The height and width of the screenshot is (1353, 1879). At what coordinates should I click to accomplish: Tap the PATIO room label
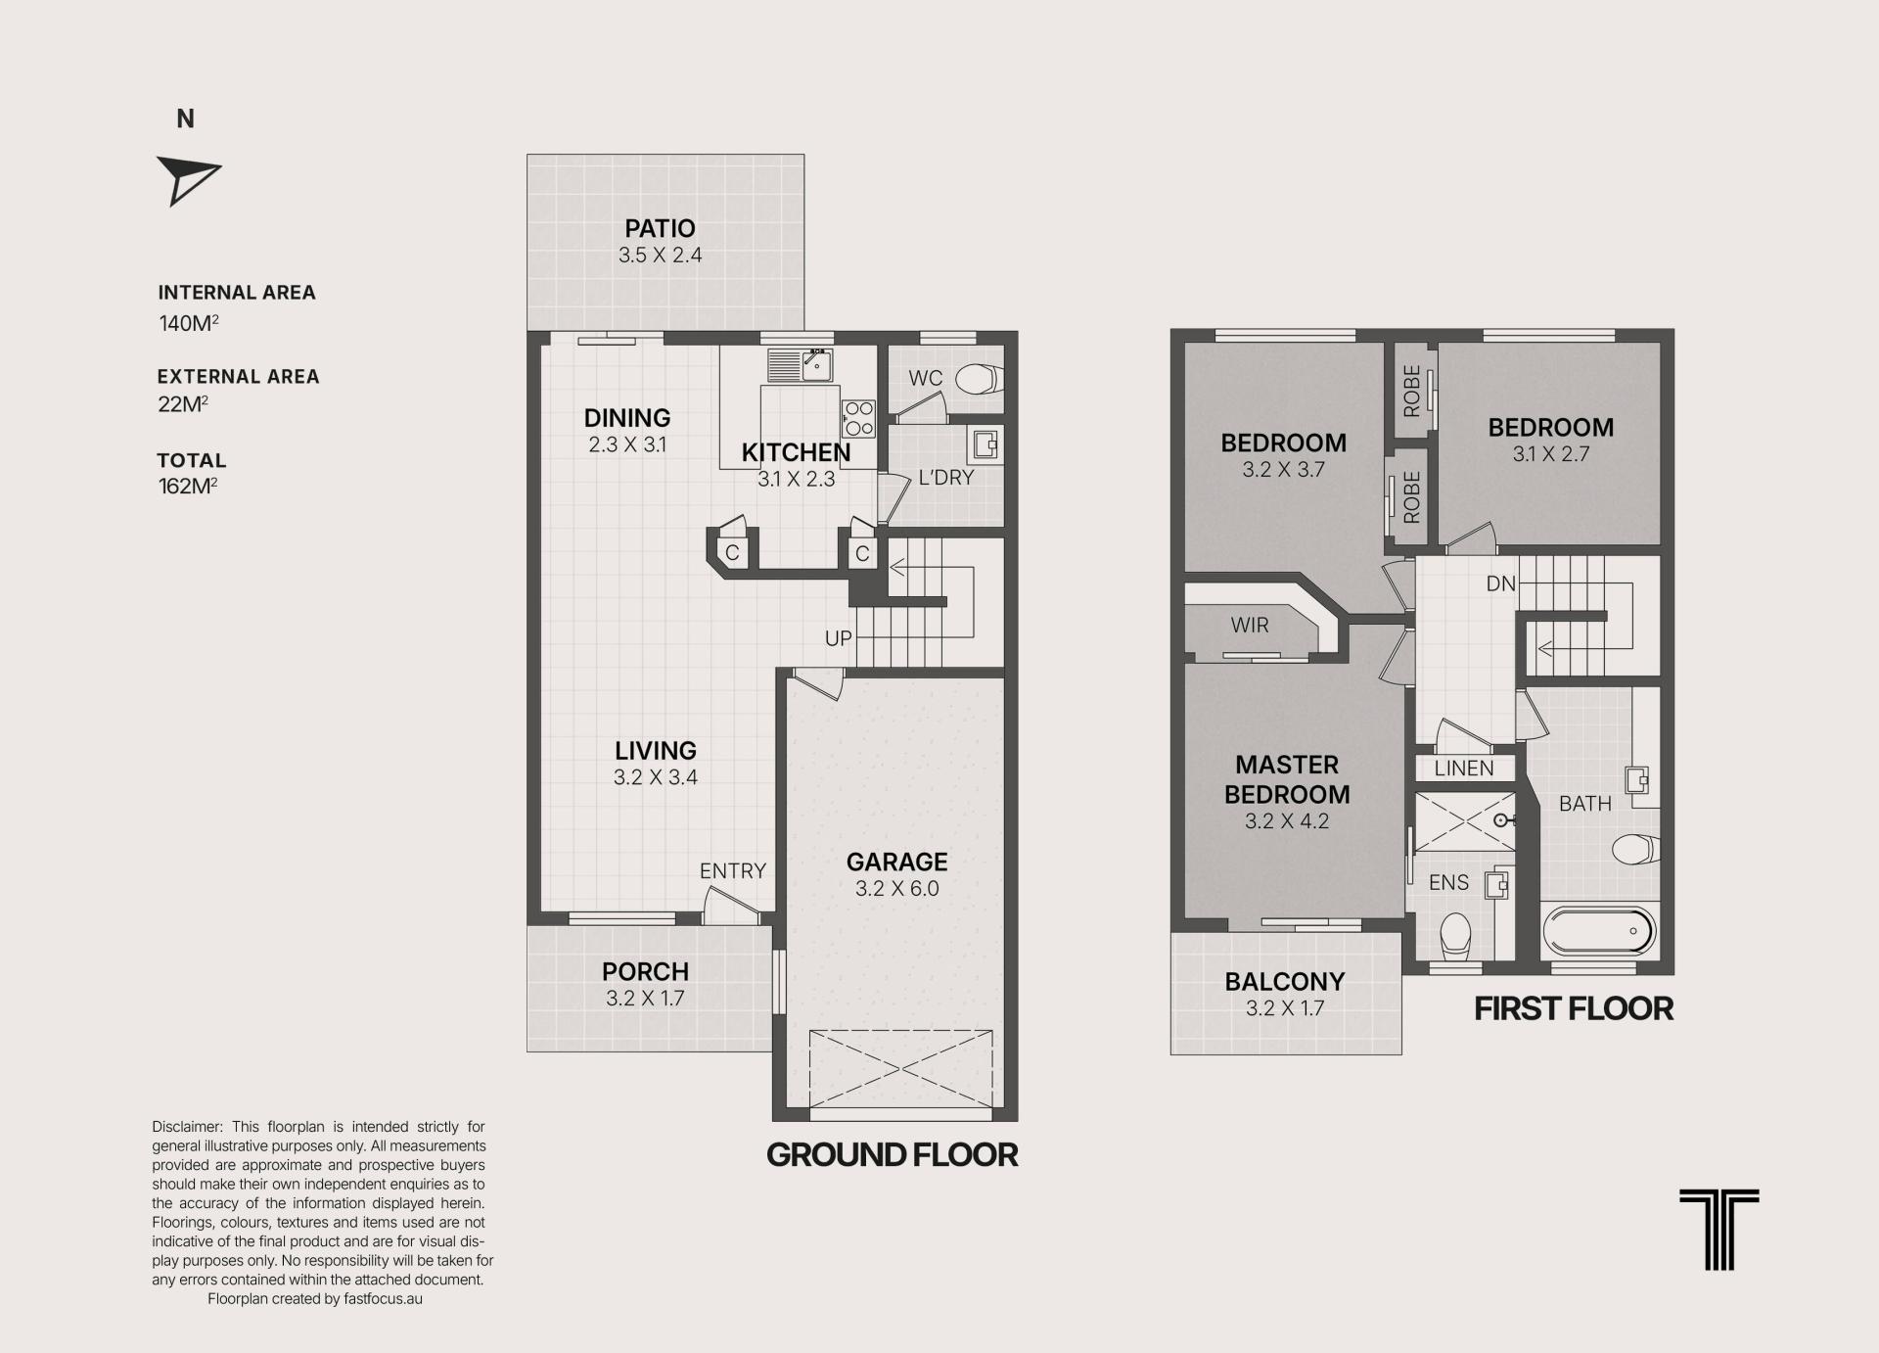click(x=661, y=228)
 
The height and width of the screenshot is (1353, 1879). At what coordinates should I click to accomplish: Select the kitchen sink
click(x=801, y=364)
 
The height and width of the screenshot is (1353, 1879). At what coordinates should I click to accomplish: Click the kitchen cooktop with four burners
click(x=858, y=418)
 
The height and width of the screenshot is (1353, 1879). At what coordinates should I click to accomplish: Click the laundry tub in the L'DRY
click(x=985, y=445)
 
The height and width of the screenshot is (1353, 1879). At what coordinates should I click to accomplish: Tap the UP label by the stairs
click(x=839, y=638)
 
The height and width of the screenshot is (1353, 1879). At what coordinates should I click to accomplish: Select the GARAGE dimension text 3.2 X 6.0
click(x=897, y=889)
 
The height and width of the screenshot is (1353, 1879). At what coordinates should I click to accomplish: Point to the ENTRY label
click(x=733, y=870)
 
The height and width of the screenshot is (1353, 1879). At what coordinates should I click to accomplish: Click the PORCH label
click(x=646, y=971)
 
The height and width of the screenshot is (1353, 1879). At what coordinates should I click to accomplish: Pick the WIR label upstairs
click(x=1250, y=625)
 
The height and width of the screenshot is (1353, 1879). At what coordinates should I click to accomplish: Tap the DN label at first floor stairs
click(x=1500, y=583)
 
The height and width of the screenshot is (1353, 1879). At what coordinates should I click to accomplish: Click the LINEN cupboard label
click(x=1464, y=769)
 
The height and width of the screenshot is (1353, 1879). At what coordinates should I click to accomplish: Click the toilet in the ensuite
click(x=1456, y=934)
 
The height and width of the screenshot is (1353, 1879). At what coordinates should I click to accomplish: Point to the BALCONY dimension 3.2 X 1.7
click(x=1285, y=1008)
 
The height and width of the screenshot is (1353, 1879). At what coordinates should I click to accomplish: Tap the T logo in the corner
click(x=1719, y=1229)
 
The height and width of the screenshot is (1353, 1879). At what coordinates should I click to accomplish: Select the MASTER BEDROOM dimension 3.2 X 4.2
click(x=1287, y=821)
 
